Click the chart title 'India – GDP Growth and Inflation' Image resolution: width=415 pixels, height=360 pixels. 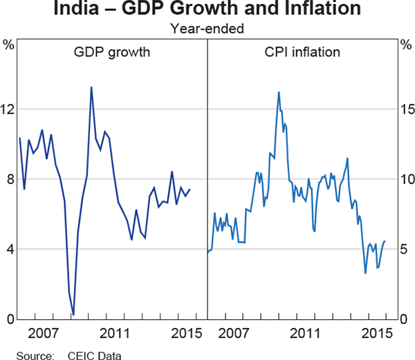(x=207, y=10)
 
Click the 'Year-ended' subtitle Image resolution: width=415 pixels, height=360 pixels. (x=207, y=30)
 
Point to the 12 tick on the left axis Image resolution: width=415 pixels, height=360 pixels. (x=9, y=109)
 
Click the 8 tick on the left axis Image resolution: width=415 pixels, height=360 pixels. (x=10, y=179)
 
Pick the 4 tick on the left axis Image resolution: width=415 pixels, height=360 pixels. (x=10, y=249)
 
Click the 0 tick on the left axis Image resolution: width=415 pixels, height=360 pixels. (x=10, y=319)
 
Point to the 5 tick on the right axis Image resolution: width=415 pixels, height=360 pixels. (x=407, y=249)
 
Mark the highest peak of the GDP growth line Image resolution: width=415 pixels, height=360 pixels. (x=91, y=87)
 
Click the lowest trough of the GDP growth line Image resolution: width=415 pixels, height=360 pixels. (x=73, y=315)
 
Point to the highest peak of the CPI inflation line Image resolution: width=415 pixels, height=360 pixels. (x=279, y=92)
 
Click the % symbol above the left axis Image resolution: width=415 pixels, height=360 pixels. (x=9, y=44)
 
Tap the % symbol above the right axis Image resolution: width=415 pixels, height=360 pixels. (x=406, y=44)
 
